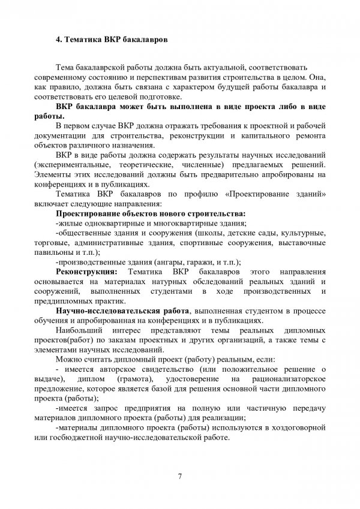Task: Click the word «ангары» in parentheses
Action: pos(173,261)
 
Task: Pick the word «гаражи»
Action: pos(202,261)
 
